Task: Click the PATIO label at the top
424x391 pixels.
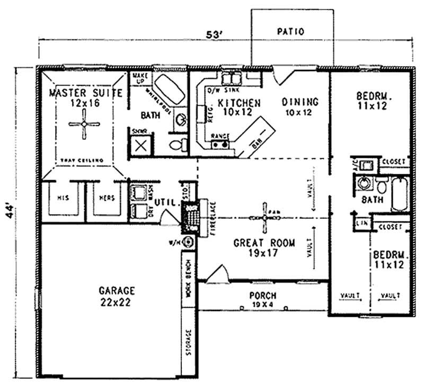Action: (x=290, y=32)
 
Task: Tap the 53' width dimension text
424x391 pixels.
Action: (x=214, y=35)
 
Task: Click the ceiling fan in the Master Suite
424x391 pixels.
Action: (x=84, y=125)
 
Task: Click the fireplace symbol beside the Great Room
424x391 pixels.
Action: (x=190, y=217)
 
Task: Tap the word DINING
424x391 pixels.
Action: (x=299, y=102)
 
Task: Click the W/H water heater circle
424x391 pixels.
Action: (x=190, y=243)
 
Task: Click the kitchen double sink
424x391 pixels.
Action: (x=231, y=79)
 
